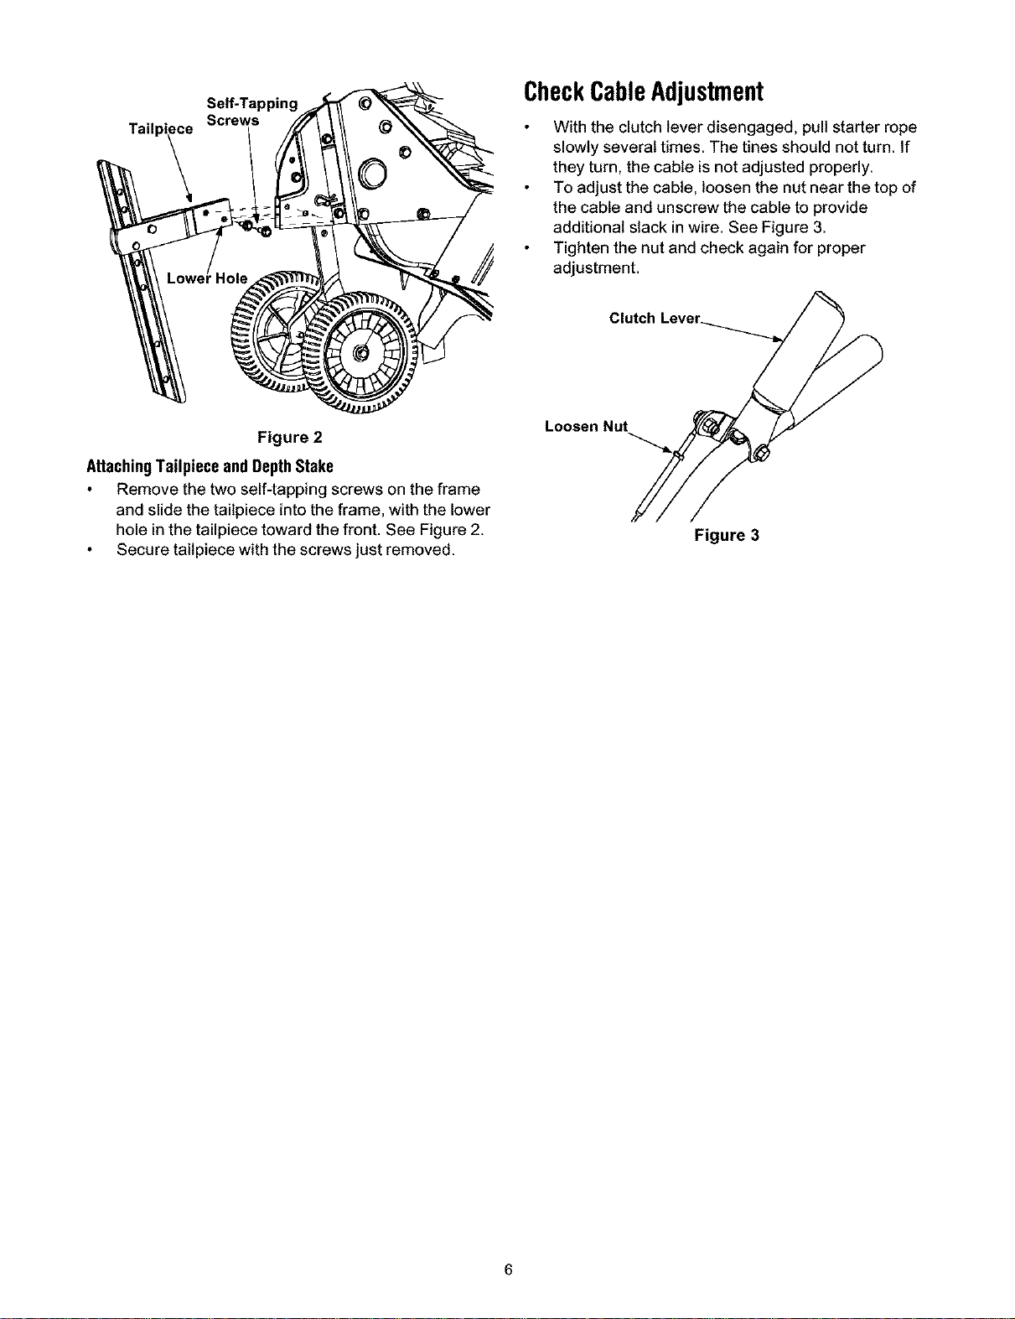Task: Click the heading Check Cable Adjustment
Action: [643, 91]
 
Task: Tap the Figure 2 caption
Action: [289, 437]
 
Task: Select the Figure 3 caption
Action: [726, 535]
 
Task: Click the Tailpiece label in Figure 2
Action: [161, 128]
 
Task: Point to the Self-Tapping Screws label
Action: [251, 112]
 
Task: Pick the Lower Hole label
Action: [207, 278]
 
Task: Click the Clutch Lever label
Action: [655, 318]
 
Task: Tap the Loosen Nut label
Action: [586, 426]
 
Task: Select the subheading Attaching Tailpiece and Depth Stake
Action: [210, 466]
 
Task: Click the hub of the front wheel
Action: [361, 353]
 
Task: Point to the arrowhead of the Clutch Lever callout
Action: [778, 340]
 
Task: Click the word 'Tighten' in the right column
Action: [583, 247]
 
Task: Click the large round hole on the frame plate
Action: [372, 173]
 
